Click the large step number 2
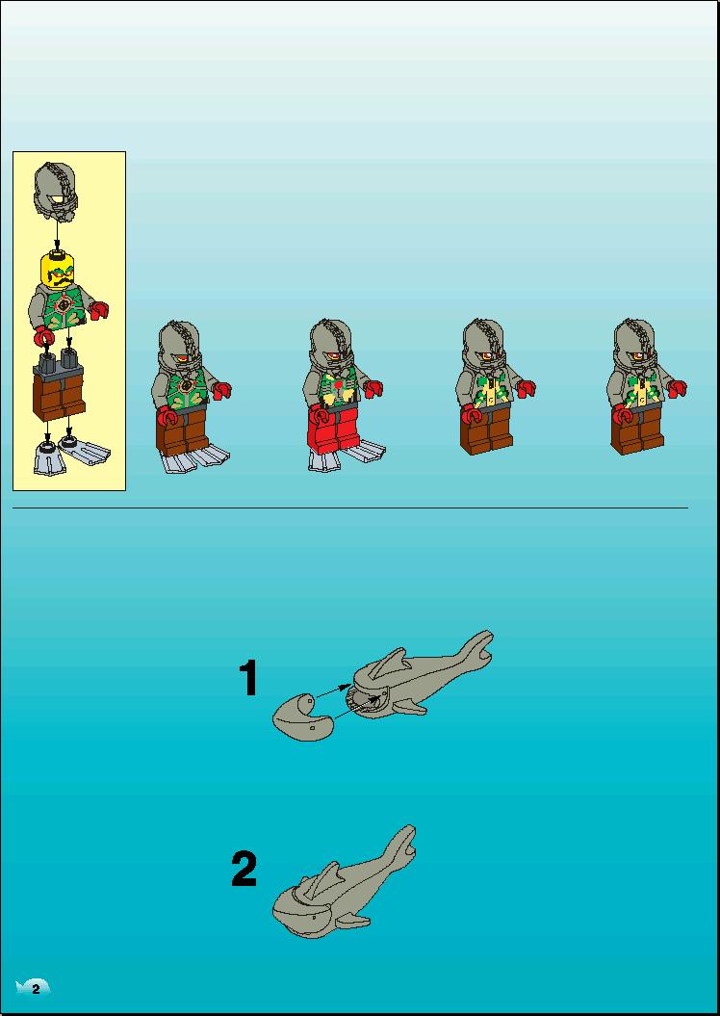[244, 869]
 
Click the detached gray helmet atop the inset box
[56, 189]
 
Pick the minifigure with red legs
[343, 395]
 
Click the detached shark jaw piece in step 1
[303, 716]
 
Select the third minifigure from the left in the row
[495, 386]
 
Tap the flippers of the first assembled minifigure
[194, 457]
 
